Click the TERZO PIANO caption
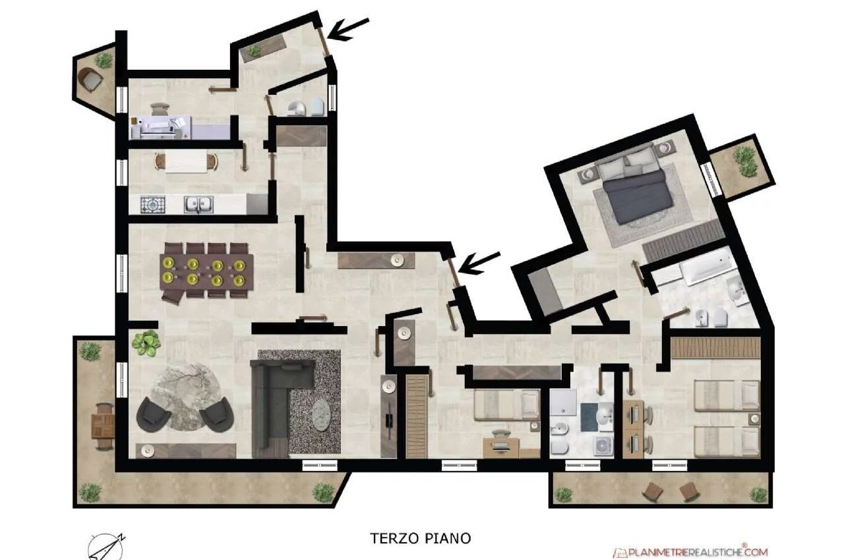(421, 538)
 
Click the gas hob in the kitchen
(153, 205)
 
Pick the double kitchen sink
(198, 204)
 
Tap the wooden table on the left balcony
(103, 426)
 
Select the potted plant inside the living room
(146, 343)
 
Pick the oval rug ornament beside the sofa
(322, 415)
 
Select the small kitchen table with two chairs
(186, 162)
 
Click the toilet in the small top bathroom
(318, 107)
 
